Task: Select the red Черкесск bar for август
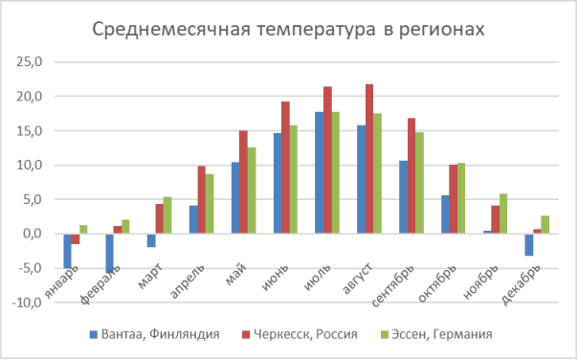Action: tap(369, 159)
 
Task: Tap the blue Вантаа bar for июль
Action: tap(319, 173)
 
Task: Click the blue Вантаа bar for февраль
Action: tap(110, 251)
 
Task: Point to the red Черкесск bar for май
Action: tap(243, 182)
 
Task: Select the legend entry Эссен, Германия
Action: tap(440, 333)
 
